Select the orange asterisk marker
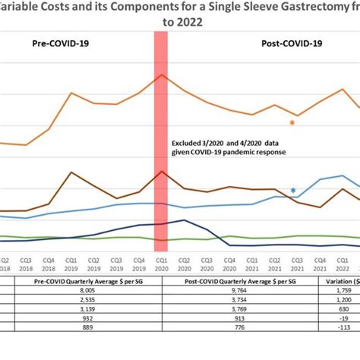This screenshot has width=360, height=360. tap(292, 122)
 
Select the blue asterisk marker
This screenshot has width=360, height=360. tap(293, 191)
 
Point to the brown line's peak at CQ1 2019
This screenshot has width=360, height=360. tap(71, 172)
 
